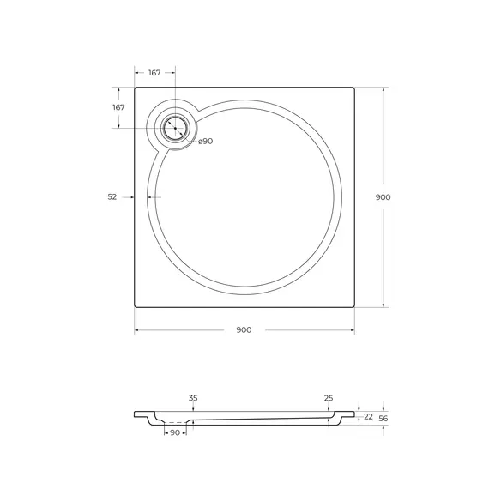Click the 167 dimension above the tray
(154, 72)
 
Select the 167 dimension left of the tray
(118, 107)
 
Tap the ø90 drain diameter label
(205, 141)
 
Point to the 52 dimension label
(112, 196)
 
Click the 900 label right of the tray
(383, 196)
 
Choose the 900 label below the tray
(244, 331)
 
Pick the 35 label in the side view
(193, 398)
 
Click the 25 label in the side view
(329, 398)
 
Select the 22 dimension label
(368, 416)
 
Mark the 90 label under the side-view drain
(176, 432)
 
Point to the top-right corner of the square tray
(355, 88)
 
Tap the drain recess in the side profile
(176, 422)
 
